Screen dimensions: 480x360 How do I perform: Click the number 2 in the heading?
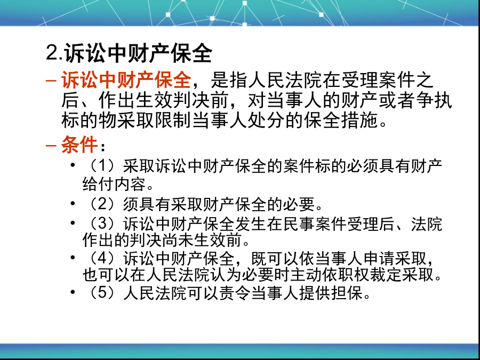click(52, 52)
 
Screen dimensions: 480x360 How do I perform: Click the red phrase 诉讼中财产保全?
click(126, 79)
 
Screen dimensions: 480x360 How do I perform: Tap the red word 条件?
click(79, 144)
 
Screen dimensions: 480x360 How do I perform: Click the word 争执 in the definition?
click(434, 100)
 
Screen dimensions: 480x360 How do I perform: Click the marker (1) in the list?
click(103, 166)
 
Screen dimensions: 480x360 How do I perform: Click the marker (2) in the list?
click(103, 204)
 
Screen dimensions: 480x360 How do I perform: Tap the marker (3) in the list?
click(103, 224)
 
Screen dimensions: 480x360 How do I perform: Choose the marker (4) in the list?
click(103, 258)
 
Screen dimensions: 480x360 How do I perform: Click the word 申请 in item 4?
click(379, 258)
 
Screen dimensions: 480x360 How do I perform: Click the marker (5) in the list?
click(103, 293)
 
